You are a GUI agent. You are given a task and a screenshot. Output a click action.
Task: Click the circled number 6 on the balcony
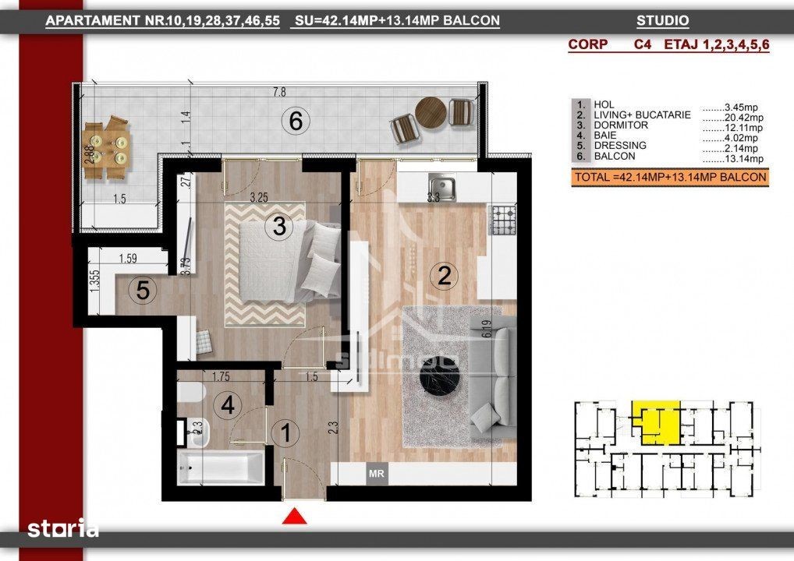pyautogui.click(x=296, y=122)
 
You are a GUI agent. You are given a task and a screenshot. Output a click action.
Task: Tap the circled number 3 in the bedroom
pyautogui.click(x=279, y=226)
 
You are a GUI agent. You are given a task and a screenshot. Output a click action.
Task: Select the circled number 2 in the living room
pyautogui.click(x=444, y=276)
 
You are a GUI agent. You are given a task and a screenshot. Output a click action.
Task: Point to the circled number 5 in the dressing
pyautogui.click(x=142, y=291)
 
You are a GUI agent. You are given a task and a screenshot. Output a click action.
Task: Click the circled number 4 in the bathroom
pyautogui.click(x=228, y=404)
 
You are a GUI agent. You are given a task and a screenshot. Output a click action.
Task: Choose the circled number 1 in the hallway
pyautogui.click(x=285, y=432)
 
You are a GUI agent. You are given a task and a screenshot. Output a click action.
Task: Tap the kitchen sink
pyautogui.click(x=441, y=187)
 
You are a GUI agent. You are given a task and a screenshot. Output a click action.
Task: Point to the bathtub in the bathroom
pyautogui.click(x=222, y=467)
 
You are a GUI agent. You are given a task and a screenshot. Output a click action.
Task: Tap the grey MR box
pyautogui.click(x=376, y=474)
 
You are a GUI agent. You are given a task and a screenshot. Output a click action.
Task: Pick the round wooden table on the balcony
pyautogui.click(x=431, y=113)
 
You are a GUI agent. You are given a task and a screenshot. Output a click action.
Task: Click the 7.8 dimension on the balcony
pyautogui.click(x=279, y=92)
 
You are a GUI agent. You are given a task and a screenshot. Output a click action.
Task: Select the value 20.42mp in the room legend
pyautogui.click(x=743, y=118)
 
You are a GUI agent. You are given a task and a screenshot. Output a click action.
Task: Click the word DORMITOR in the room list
pyautogui.click(x=621, y=125)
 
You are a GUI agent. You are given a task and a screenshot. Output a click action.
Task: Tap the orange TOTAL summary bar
pyautogui.click(x=670, y=178)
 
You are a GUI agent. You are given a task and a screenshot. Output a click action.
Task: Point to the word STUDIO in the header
pyautogui.click(x=662, y=21)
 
